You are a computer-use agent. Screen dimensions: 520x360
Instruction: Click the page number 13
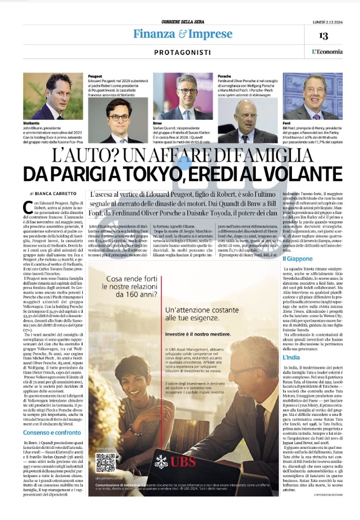click(323, 36)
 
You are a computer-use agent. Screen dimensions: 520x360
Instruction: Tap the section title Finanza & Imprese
click(182, 35)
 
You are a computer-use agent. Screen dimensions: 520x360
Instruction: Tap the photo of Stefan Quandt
click(184, 97)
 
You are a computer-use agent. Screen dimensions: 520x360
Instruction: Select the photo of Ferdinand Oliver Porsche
click(248, 120)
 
